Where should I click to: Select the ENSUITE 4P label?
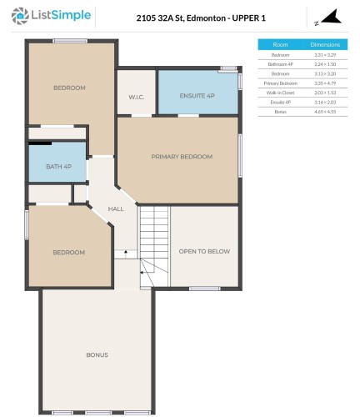[x=198, y=96]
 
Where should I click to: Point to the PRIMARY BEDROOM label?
[x=181, y=156]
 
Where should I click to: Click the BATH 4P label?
[x=58, y=165]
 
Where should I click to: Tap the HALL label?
[x=116, y=208]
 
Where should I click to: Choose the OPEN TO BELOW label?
[x=204, y=251]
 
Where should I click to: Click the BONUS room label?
[x=97, y=354]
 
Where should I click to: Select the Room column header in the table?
[x=280, y=44]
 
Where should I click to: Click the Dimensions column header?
[x=324, y=44]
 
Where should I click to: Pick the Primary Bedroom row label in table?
[x=280, y=83]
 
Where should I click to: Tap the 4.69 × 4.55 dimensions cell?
[x=324, y=111]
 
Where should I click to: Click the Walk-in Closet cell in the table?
[x=280, y=93]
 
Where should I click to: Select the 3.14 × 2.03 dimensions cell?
[x=324, y=102]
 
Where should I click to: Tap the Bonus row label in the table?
[x=280, y=111]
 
